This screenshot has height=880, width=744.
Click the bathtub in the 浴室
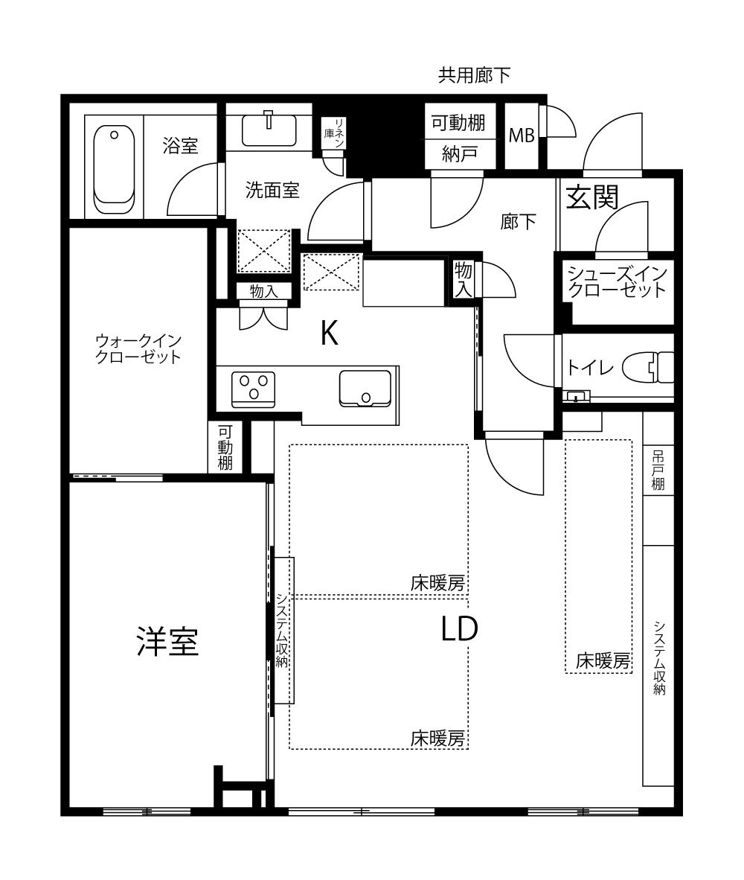pyautogui.click(x=114, y=169)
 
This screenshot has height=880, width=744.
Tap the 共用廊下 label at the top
pyautogui.click(x=474, y=75)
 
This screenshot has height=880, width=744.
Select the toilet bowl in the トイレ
pyautogui.click(x=654, y=367)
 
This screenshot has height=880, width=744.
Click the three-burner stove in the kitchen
pyautogui.click(x=254, y=389)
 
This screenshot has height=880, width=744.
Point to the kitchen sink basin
pyautogui.click(x=365, y=388)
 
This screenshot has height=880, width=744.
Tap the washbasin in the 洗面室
pyautogui.click(x=269, y=130)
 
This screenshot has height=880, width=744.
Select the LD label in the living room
pyautogui.click(x=460, y=629)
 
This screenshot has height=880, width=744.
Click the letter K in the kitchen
pyautogui.click(x=329, y=334)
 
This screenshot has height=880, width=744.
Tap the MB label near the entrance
pyautogui.click(x=522, y=135)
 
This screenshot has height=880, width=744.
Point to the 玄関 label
pyautogui.click(x=592, y=197)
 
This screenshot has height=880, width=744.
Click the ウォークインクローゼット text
pyautogui.click(x=138, y=349)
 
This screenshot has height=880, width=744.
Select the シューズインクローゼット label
pyautogui.click(x=618, y=281)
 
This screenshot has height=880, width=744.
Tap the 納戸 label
pyautogui.click(x=460, y=154)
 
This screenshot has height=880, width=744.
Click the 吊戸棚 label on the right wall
pyautogui.click(x=658, y=471)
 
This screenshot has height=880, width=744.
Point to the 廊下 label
pyautogui.click(x=518, y=223)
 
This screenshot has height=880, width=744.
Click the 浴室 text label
pyautogui.click(x=181, y=146)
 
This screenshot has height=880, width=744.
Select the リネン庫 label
pyautogui.click(x=334, y=133)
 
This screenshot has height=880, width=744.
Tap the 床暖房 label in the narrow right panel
pyautogui.click(x=603, y=661)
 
